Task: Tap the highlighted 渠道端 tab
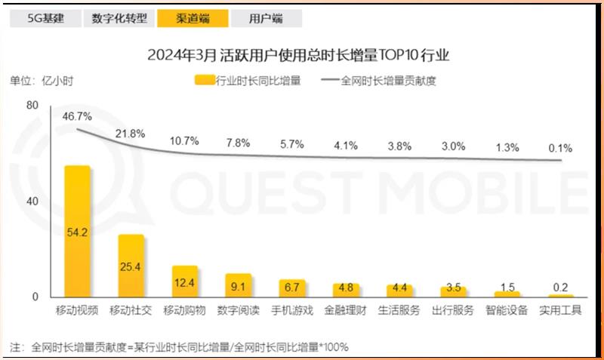click(193, 18)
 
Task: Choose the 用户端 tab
click(267, 18)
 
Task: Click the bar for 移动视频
click(77, 230)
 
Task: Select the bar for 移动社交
click(131, 265)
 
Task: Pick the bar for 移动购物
click(184, 281)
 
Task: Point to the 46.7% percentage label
click(77, 116)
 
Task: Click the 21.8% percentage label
click(130, 134)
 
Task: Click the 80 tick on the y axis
click(32, 106)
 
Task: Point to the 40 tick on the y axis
click(32, 202)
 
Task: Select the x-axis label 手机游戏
click(292, 310)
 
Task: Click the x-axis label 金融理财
click(346, 310)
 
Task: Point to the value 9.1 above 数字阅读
click(238, 286)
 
